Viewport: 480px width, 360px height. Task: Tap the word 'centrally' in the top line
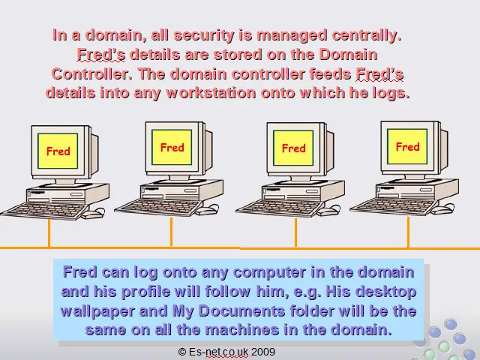coord(367,35)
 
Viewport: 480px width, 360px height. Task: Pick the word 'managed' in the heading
coord(292,36)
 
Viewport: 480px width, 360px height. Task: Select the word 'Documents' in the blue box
coord(241,310)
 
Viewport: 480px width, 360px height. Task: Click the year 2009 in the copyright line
coord(263,352)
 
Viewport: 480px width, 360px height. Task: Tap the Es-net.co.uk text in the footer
coord(218,352)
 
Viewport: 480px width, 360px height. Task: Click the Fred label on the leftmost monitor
coord(58,151)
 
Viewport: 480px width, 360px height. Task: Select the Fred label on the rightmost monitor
coord(407,147)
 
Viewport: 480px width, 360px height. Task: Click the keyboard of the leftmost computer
coord(45,210)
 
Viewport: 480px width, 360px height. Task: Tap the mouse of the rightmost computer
coord(444,209)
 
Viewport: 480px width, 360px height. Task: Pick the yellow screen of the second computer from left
coord(172,147)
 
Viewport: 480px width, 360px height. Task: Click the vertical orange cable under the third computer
coord(295,232)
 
